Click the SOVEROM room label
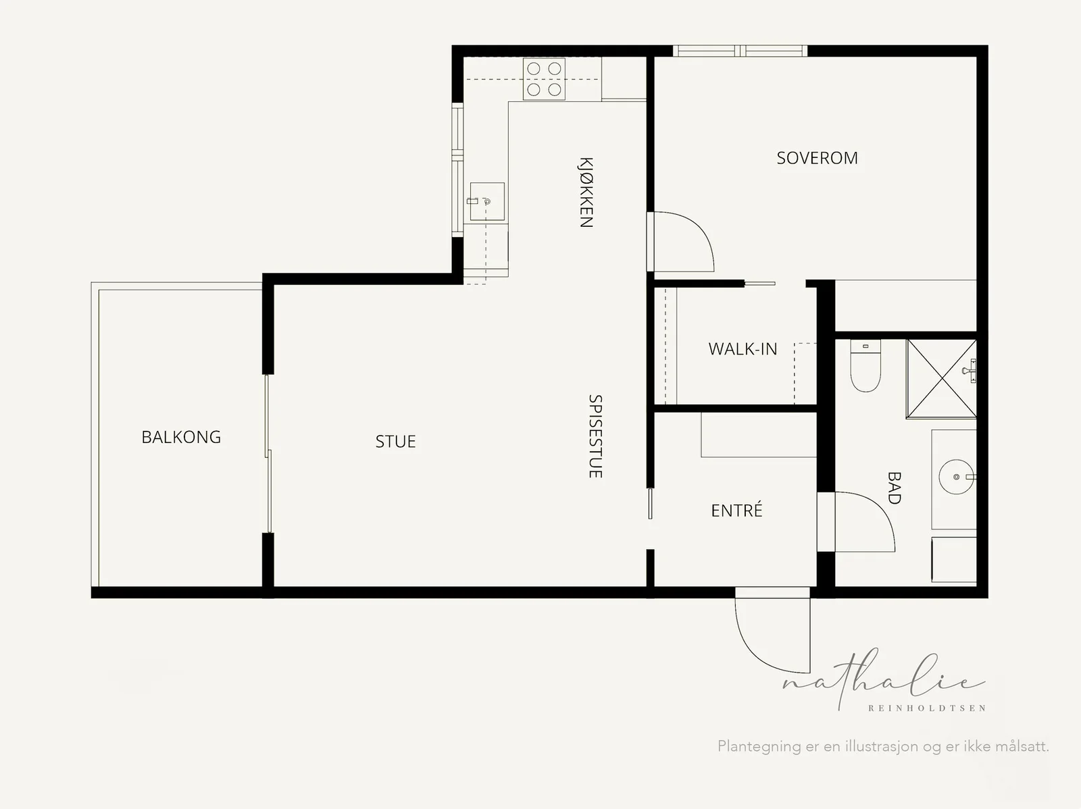[x=817, y=158]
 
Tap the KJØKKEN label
[x=586, y=192]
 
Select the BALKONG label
[x=181, y=437]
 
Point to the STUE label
[x=395, y=442]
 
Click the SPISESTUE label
[x=595, y=436]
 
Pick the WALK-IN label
[x=743, y=349]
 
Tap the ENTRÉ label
[x=736, y=511]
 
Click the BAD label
[x=895, y=488]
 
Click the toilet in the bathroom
[x=865, y=365]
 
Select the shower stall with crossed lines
[x=941, y=379]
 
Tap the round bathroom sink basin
[x=957, y=477]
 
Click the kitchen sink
[x=487, y=201]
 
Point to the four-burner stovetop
[x=544, y=79]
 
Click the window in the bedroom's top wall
[x=740, y=51]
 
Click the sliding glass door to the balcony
[x=268, y=454]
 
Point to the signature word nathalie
[x=884, y=679]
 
